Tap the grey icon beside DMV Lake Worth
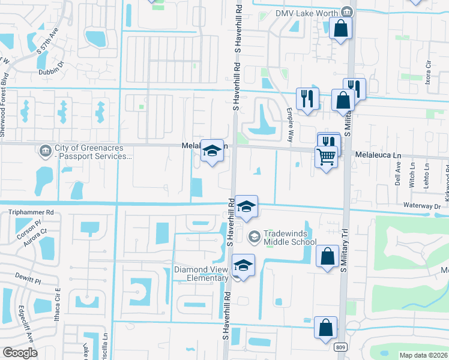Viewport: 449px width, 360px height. tap(346, 12)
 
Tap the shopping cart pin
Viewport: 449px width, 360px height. tap(326, 157)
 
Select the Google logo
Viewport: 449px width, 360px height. tap(20, 353)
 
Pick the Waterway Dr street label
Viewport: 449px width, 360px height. tap(423, 206)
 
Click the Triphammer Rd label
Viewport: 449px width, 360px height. tap(31, 212)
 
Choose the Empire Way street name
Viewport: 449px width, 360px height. tap(289, 124)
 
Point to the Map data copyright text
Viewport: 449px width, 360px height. tap(423, 355)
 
